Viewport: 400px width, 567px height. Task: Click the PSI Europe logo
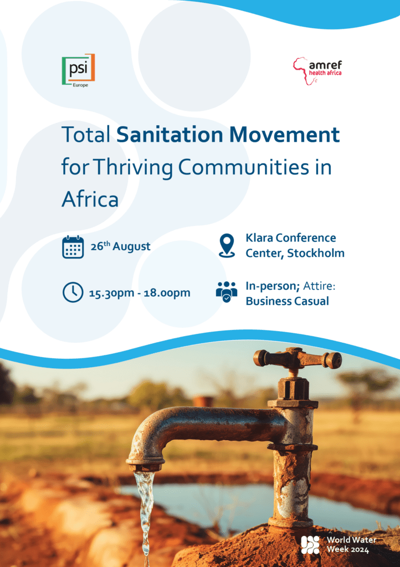click(x=78, y=70)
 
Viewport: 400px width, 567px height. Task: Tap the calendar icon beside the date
click(x=73, y=247)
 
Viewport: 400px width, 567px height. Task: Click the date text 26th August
click(x=120, y=246)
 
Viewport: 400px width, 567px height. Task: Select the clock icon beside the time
click(x=73, y=292)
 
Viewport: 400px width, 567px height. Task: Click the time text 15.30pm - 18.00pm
click(x=140, y=293)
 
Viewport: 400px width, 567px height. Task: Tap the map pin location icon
click(x=227, y=245)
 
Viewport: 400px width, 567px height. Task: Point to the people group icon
click(x=227, y=292)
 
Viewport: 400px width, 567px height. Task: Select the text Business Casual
click(x=287, y=302)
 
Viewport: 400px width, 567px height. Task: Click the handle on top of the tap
click(x=298, y=358)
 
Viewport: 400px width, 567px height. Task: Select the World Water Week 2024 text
click(x=351, y=545)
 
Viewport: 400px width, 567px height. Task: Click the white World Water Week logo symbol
click(x=311, y=545)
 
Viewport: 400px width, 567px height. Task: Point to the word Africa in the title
click(x=90, y=199)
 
